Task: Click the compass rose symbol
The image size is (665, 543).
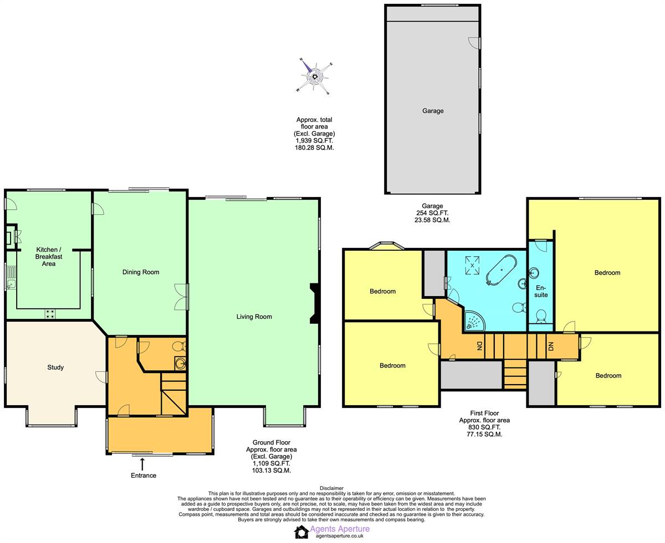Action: pos(315,76)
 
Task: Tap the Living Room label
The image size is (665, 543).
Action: pos(254,317)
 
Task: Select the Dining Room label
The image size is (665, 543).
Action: pos(141,272)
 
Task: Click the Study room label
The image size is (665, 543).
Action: pos(55,367)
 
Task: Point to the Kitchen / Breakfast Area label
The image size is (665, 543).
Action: pos(49,256)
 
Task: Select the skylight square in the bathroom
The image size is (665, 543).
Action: pos(472,265)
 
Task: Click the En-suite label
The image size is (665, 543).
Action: pos(541,291)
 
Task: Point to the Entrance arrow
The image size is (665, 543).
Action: pos(142,464)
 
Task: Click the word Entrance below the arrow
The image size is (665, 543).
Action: pos(144,475)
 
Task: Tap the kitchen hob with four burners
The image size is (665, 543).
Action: pos(50,313)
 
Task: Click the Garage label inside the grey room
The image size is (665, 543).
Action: pos(433,111)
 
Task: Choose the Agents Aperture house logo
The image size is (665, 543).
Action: pos(301,531)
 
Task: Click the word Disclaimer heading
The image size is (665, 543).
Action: pos(331,488)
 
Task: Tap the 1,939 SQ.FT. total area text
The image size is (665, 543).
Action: pos(314,141)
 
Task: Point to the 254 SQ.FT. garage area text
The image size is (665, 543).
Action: pos(432,213)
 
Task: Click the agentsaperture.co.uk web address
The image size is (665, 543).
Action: pos(339,536)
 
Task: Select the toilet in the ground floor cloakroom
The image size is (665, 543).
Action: pos(178,347)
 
